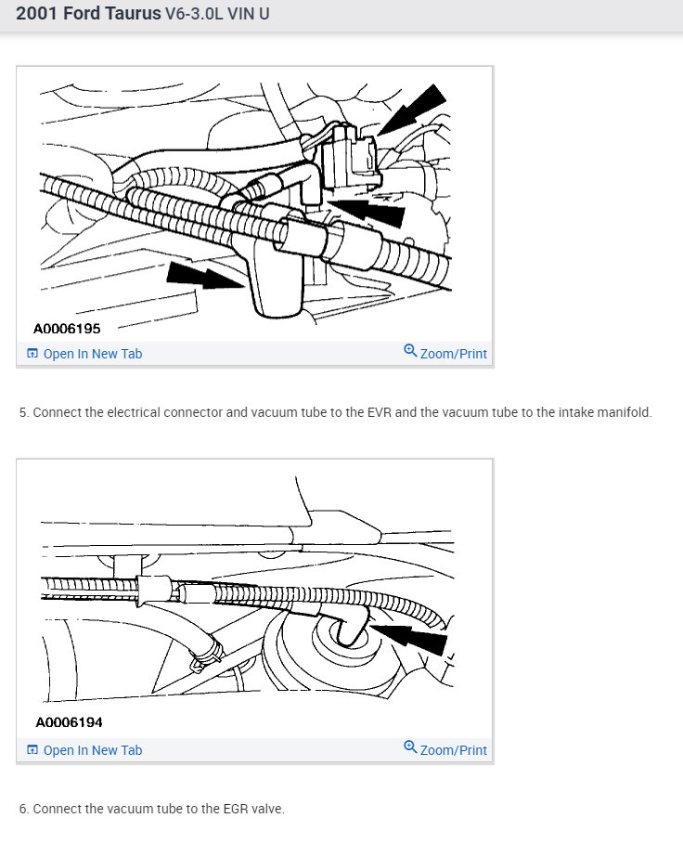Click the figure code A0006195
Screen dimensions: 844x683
[x=67, y=328]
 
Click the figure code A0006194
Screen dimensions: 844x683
[x=69, y=721]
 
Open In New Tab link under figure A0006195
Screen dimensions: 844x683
[x=92, y=354]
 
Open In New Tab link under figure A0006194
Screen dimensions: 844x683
[x=92, y=750]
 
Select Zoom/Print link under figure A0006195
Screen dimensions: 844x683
[x=453, y=354]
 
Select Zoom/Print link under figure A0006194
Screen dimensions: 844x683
[x=453, y=750]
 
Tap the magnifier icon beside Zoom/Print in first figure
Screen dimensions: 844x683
[x=410, y=351]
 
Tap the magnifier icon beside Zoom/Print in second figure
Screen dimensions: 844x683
[x=410, y=747]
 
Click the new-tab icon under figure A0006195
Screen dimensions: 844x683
[x=32, y=354]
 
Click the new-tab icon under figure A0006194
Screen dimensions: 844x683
[x=32, y=750]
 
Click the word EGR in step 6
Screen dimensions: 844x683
[x=213, y=809]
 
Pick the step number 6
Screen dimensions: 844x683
[x=23, y=809]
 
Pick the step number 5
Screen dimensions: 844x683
[x=23, y=412]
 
